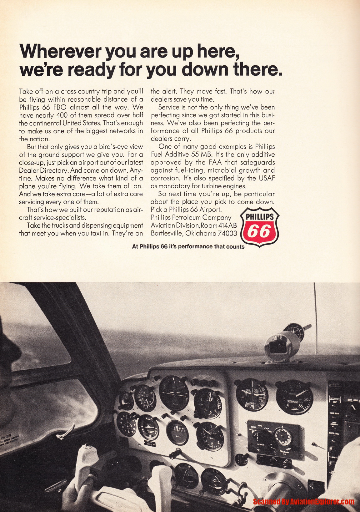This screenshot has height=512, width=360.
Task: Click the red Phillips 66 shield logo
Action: tap(259, 227)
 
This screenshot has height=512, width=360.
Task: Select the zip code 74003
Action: tap(227, 233)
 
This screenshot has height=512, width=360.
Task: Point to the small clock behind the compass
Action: tap(294, 333)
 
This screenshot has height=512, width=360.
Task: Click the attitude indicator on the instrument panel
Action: tap(174, 393)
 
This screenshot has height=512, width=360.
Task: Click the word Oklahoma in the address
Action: tap(202, 233)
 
